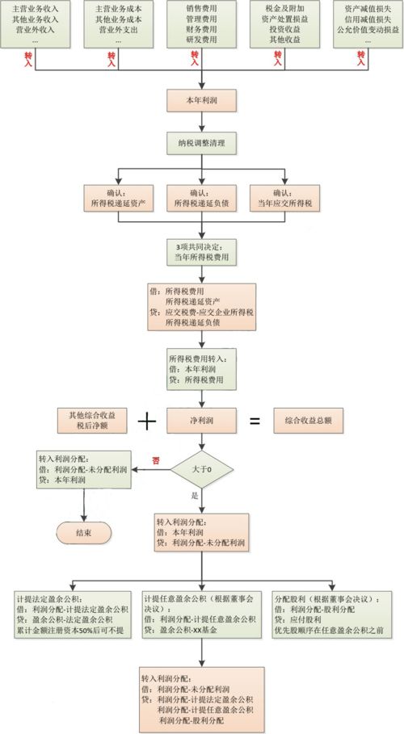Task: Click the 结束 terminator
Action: tap(83, 532)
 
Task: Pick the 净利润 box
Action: tap(201, 420)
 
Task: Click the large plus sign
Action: tap(146, 420)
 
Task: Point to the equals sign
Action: tap(254, 421)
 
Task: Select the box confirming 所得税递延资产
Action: tap(118, 198)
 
